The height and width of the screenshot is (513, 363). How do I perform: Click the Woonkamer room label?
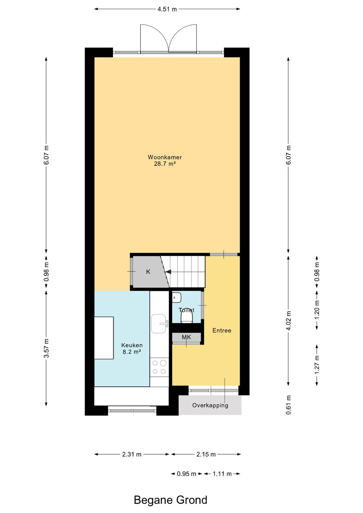click(x=165, y=157)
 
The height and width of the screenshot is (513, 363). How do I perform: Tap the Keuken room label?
click(x=132, y=345)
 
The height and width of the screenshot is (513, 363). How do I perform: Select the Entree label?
click(x=221, y=330)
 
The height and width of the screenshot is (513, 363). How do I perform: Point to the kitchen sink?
click(x=159, y=323)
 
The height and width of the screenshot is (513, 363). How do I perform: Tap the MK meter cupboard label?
click(x=186, y=337)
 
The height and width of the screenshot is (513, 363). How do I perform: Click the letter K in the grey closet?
click(x=148, y=271)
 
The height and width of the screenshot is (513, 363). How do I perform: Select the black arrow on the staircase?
click(x=168, y=271)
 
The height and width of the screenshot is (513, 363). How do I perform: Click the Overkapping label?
click(x=210, y=405)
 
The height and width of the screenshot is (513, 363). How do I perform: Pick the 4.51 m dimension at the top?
click(x=167, y=9)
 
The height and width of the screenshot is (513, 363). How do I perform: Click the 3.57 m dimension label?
click(x=46, y=348)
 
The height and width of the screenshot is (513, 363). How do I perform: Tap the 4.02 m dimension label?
click(x=288, y=321)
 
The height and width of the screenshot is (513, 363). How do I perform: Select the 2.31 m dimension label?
click(x=132, y=454)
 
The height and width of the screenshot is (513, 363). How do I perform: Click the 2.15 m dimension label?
click(x=206, y=454)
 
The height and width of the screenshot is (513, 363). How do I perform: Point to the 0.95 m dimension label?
click(x=186, y=474)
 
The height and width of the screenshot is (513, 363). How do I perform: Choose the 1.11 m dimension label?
click(x=222, y=474)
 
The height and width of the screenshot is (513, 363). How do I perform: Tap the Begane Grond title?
click(x=170, y=500)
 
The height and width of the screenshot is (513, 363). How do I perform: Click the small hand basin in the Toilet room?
click(x=177, y=297)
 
